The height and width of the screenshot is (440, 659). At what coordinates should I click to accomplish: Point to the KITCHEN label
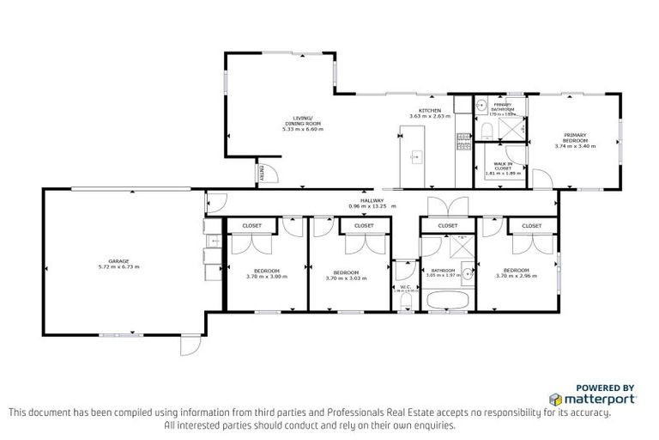coord(429,111)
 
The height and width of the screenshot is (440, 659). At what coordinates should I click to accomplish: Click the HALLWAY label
coord(372,201)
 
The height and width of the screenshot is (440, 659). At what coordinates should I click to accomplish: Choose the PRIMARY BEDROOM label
coord(575,137)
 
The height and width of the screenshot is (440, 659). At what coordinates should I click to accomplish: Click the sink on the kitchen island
coord(418,157)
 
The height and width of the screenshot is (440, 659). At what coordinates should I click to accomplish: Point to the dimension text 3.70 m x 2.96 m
coord(515,277)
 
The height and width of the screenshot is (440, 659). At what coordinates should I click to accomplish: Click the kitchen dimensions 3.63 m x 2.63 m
coord(429,118)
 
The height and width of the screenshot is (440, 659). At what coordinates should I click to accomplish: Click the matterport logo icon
coord(555,400)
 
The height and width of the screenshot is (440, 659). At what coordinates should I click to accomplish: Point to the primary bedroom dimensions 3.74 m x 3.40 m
coord(575,146)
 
